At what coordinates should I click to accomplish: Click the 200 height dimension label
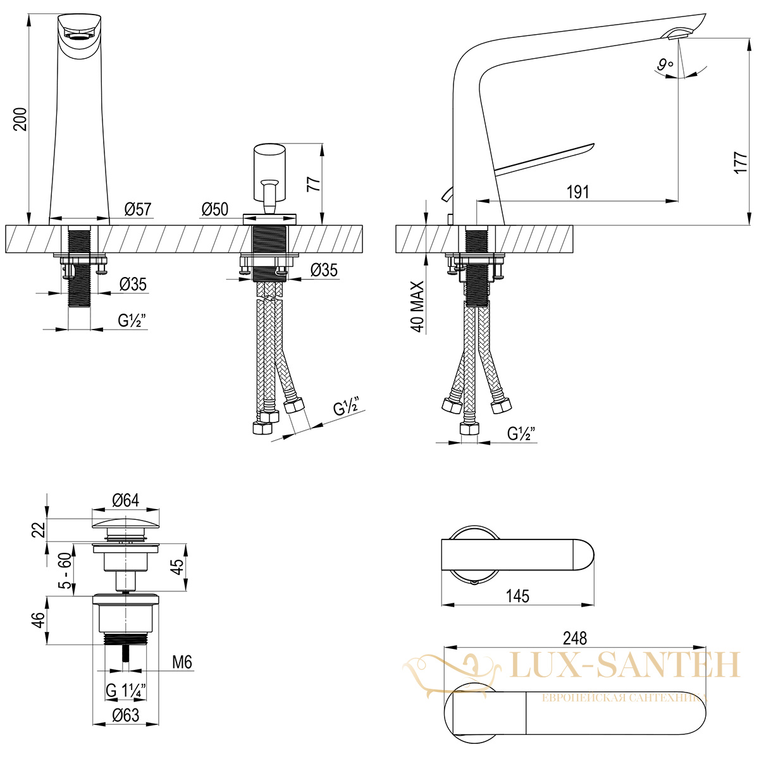coord(20,118)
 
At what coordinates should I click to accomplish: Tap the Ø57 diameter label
coord(138,209)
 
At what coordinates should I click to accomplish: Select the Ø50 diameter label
coord(215,209)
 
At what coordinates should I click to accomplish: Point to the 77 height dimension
coord(314,184)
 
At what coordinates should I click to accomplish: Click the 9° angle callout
coord(665,65)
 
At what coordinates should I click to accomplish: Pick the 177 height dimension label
coord(741,163)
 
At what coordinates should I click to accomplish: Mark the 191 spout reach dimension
coord(578,192)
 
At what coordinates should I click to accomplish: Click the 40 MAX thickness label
coord(417,306)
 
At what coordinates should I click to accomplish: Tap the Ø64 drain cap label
coord(126,500)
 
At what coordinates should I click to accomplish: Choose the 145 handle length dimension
coord(518,596)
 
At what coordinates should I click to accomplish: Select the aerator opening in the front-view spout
coord(79,36)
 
